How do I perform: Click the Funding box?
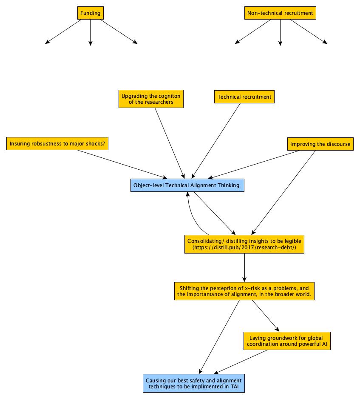coord(90,13)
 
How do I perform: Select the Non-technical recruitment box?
coord(280,13)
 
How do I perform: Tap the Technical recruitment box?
coord(244,97)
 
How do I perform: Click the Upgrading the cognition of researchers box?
coord(151,99)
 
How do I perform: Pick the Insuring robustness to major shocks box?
coord(57,144)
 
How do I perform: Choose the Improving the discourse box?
coord(320,144)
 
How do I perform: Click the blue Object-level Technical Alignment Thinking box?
coord(187,185)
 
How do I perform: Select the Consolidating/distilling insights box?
coord(244,241)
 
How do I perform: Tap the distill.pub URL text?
coord(244,247)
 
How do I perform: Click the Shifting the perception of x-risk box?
coord(244,291)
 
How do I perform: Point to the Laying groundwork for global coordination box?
coord(287,341)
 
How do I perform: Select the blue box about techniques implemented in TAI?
coord(194,383)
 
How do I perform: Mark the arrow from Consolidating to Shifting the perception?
coord(245,267)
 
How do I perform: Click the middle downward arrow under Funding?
coord(90,32)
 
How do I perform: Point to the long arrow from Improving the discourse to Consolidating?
coord(285,192)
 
